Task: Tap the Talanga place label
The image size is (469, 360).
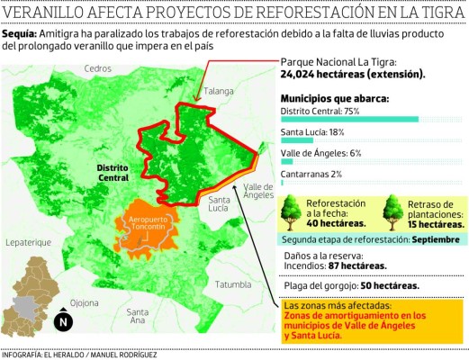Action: point(218,90)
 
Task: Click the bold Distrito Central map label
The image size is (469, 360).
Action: point(117,173)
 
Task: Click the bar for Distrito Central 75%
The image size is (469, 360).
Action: point(349,119)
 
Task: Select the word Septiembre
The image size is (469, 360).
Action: point(431,240)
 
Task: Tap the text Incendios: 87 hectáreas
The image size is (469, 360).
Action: point(336,265)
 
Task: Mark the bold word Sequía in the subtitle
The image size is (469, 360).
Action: point(19,32)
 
